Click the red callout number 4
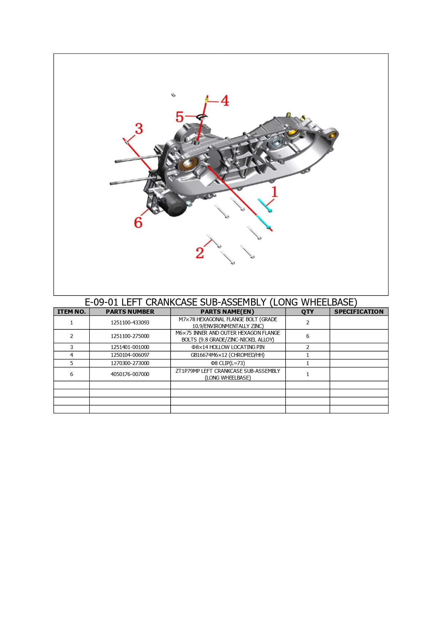point(225,100)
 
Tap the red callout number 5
point(180,117)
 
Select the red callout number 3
point(139,129)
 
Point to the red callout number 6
point(138,223)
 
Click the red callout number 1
point(274,192)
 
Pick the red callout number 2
point(200,253)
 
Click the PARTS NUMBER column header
point(130,312)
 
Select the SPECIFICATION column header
point(359,312)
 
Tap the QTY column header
point(307,312)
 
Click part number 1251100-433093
point(130,323)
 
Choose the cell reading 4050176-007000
point(130,374)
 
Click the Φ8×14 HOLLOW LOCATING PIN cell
point(228,347)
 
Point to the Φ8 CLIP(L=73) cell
point(228,363)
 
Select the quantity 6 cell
point(308,336)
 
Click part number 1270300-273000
point(130,363)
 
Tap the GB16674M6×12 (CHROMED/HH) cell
point(228,355)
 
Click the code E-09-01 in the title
point(101,302)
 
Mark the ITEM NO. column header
point(72,312)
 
